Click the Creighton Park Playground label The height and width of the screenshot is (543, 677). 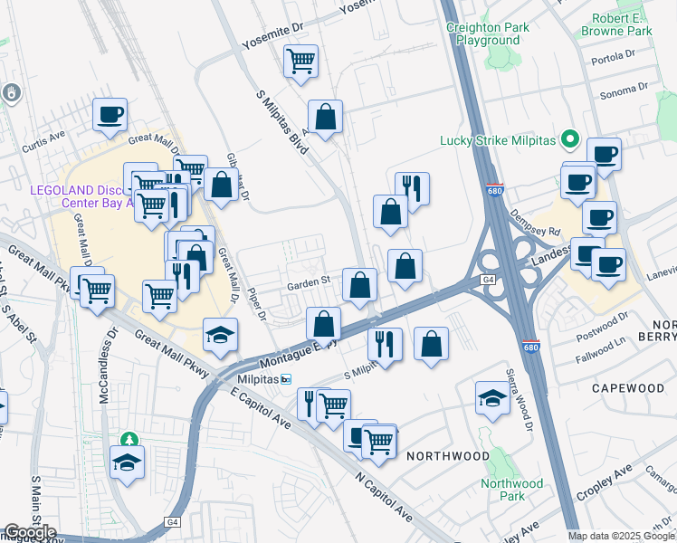488,33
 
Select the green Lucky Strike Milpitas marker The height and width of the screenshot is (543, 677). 569,139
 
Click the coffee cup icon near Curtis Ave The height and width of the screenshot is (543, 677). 110,115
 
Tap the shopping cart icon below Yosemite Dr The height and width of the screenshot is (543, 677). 300,62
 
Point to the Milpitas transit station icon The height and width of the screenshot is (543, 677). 286,379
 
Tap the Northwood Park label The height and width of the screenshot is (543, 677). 513,490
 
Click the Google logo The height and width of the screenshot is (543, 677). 29,532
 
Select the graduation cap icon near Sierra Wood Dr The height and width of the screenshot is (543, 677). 491,398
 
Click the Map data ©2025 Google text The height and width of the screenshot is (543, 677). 621,536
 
